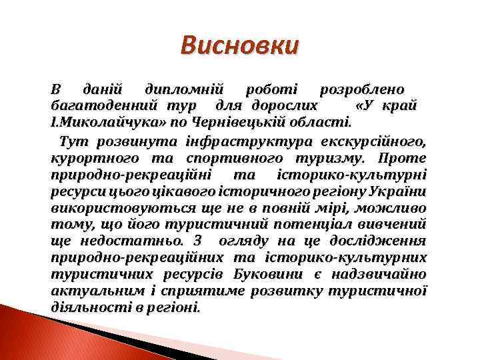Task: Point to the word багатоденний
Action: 95,107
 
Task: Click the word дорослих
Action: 285,107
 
